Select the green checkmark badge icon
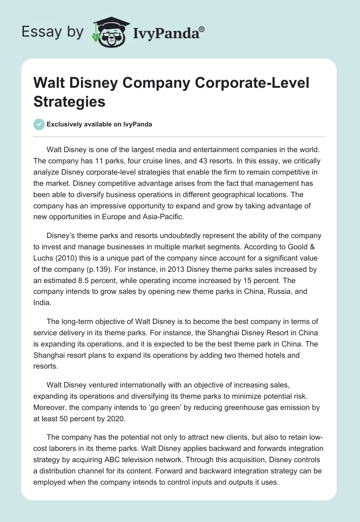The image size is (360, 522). (39, 124)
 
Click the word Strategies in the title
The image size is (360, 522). (69, 101)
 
